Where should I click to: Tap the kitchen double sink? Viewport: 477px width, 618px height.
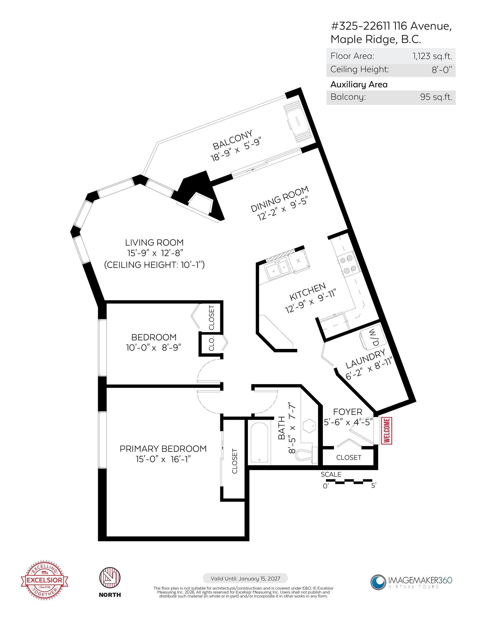[277, 269]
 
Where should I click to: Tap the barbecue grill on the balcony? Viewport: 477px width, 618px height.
[297, 122]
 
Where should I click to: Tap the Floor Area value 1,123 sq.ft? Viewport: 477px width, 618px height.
[432, 56]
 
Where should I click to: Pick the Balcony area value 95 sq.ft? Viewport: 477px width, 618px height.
[436, 97]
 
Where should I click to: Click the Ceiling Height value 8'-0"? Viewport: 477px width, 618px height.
[442, 70]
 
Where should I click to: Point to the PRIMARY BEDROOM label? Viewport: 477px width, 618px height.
[163, 448]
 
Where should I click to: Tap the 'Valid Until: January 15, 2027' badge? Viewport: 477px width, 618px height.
[245, 578]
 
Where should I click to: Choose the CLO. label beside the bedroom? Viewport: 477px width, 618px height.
[211, 344]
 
